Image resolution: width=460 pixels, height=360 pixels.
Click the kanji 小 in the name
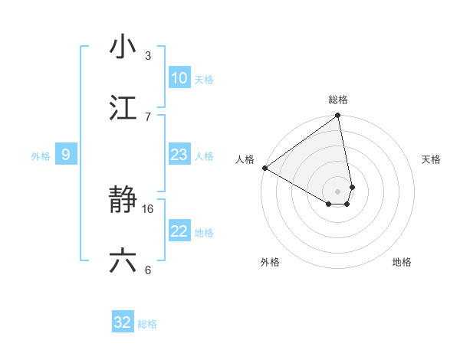point(123,47)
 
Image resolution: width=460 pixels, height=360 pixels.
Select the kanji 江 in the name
point(123,108)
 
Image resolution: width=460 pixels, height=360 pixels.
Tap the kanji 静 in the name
point(123,201)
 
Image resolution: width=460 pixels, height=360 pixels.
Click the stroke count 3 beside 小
point(147,55)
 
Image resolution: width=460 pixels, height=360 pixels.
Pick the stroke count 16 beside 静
point(149,208)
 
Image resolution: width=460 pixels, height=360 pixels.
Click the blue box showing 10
point(179,78)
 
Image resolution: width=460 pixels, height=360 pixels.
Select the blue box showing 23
point(179,155)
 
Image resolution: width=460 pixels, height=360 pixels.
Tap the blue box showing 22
point(179,231)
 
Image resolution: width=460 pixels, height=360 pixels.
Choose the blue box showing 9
point(66,155)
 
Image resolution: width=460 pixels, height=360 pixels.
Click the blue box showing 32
point(123,322)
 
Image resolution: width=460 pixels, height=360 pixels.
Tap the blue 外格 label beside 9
point(41,156)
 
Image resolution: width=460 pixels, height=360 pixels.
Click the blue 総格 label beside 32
point(147,324)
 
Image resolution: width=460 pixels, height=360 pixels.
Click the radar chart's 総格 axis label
point(338,100)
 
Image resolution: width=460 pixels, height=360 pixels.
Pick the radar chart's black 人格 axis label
point(245,159)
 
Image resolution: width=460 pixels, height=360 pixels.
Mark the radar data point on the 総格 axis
point(338,116)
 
